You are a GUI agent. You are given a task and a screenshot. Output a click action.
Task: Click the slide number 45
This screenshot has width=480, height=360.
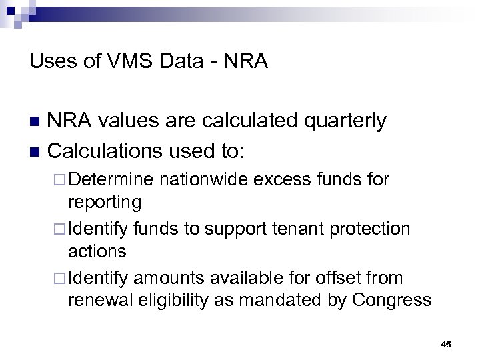tap(446, 344)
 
